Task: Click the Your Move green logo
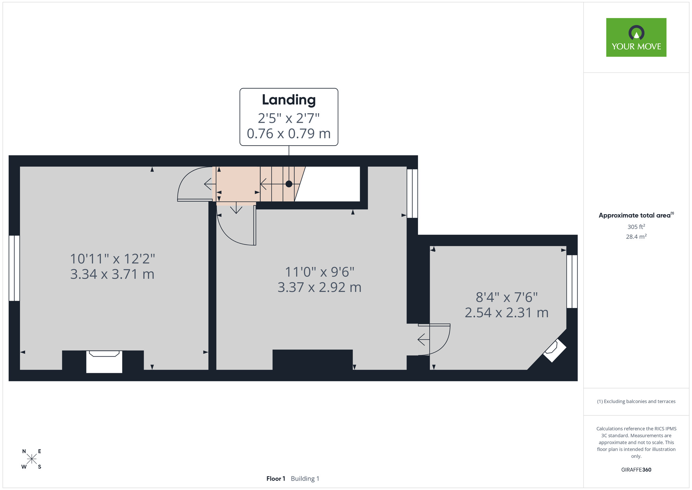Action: pos(636,37)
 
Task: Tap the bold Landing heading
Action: pos(289,100)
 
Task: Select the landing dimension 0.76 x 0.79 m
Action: pos(289,133)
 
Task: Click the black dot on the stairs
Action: pos(289,184)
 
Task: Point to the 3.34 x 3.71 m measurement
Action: pos(112,274)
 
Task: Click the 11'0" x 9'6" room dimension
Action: pos(320,272)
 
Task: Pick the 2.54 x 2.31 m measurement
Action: pos(507,313)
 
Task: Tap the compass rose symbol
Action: pos(31,459)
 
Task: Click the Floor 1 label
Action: pos(276,479)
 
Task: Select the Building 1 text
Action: pos(305,479)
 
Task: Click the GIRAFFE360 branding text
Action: pos(636,470)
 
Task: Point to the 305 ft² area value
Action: pos(636,227)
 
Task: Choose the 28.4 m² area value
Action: pos(636,237)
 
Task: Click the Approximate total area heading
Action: pos(636,215)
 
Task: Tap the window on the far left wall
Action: pos(14,268)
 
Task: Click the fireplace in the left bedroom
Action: pos(104,362)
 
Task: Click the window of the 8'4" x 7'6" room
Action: pos(572,282)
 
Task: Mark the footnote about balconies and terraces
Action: pos(636,401)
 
